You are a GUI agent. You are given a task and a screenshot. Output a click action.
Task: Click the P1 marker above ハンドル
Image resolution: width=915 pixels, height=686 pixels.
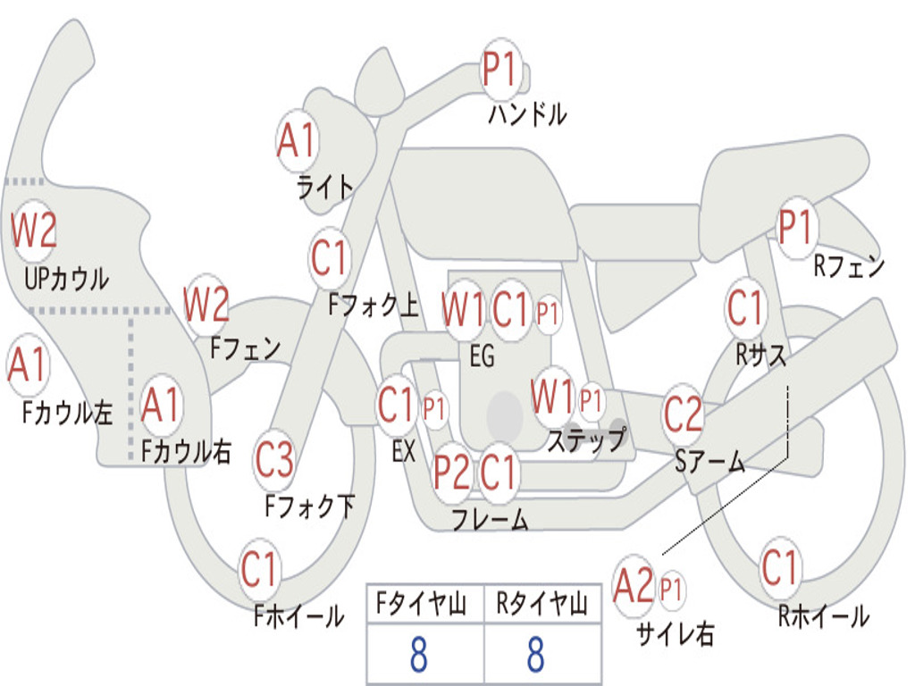(501, 70)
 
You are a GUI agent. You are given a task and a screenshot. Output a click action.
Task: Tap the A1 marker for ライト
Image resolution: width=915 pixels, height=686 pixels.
(298, 141)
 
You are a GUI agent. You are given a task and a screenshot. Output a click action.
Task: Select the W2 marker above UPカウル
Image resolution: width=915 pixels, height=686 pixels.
(34, 230)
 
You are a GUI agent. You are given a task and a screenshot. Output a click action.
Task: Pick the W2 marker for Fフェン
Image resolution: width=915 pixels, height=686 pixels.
(206, 305)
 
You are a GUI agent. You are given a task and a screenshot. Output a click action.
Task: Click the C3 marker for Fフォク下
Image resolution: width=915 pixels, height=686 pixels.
(274, 460)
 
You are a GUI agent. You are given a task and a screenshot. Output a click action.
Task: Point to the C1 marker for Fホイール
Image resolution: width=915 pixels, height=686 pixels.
(260, 569)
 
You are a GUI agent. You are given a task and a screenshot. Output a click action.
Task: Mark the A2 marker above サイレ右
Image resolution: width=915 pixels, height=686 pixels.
(634, 587)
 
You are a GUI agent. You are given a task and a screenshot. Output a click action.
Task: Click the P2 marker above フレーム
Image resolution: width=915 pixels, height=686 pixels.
(452, 473)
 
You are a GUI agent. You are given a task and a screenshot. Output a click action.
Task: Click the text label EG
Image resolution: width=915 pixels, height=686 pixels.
(482, 357)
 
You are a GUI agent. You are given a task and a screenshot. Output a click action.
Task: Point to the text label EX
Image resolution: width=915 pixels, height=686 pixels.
(404, 451)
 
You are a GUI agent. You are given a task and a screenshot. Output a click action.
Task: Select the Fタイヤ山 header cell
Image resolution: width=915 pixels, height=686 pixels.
(424, 605)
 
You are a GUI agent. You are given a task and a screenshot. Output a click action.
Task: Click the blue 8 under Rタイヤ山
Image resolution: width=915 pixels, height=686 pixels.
(536, 655)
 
